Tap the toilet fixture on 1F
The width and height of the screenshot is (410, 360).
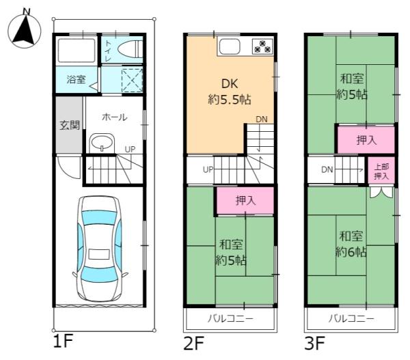(x=130, y=49)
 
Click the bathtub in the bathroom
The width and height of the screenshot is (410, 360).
(x=77, y=51)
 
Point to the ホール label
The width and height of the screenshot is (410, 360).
(x=114, y=117)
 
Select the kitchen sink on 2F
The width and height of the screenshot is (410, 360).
(x=229, y=46)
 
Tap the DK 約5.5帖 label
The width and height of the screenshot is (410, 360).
(x=229, y=92)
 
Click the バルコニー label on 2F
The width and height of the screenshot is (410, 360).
(x=230, y=319)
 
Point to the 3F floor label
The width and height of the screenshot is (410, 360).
(x=315, y=341)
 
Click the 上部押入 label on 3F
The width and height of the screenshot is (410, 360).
(x=381, y=171)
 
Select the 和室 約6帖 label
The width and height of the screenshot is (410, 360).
(x=351, y=244)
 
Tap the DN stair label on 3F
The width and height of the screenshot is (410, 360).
(x=327, y=169)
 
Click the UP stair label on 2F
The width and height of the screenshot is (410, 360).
(x=206, y=169)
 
